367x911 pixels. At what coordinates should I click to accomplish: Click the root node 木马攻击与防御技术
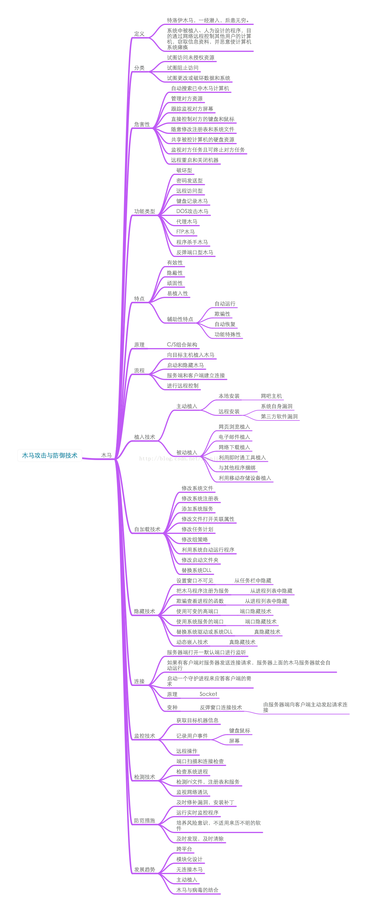50,455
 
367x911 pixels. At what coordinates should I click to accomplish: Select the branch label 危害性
142,124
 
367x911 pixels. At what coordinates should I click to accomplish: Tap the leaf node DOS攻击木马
192,211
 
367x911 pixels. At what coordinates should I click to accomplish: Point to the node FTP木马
185,232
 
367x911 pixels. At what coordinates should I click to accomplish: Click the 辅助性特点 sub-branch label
180,319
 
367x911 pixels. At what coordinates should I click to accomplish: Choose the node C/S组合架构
182,345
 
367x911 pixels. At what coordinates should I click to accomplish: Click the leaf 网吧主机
271,396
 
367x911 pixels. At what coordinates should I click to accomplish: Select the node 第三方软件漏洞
279,416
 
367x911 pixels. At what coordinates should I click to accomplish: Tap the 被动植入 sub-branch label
187,452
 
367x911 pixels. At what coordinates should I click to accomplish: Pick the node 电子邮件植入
234,437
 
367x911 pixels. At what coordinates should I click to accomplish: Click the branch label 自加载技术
147,529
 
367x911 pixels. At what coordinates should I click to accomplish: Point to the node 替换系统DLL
197,570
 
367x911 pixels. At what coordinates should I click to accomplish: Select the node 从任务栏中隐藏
253,580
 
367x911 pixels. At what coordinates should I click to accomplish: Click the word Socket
209,694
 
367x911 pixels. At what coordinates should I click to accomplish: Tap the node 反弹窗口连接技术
221,707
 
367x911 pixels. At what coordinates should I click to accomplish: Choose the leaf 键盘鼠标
240,730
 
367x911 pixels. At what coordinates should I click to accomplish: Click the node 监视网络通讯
192,792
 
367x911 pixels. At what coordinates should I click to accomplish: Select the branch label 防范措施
144,820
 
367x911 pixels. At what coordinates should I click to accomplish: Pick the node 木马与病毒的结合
197,890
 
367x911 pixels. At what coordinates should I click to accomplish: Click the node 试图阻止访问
182,68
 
